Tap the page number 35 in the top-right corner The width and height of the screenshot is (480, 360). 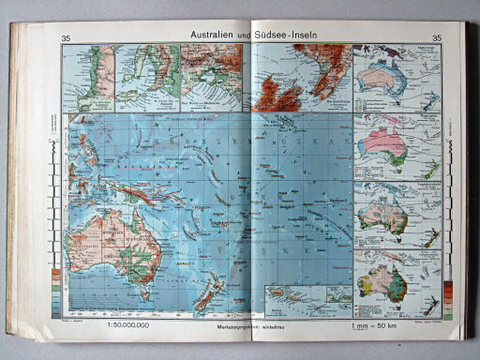tap(436, 37)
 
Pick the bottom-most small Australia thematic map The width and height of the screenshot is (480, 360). tap(385, 281)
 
